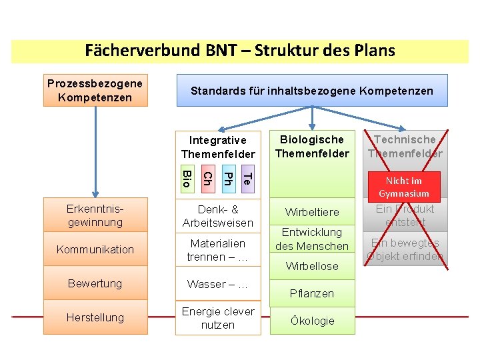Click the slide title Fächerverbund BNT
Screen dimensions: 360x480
[x=240, y=51]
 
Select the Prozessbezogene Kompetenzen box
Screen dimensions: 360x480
[x=95, y=91]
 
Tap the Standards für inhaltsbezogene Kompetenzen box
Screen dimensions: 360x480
[x=311, y=91]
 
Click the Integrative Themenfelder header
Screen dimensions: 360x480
[x=217, y=147]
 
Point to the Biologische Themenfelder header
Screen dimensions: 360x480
[x=312, y=147]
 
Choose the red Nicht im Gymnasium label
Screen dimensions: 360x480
[x=404, y=187]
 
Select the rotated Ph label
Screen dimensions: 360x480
[x=227, y=179]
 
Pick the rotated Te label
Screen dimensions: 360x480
[x=246, y=179]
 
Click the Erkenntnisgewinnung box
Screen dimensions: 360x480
[x=95, y=215]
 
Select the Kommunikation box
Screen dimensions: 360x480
[x=95, y=249]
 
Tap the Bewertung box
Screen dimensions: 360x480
[x=95, y=283]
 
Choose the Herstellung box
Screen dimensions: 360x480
[x=95, y=317]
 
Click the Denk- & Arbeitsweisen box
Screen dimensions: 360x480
[x=217, y=215]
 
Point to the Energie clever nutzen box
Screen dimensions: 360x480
[x=217, y=318]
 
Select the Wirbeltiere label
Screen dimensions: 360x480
[x=312, y=212]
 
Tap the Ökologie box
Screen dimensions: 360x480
[x=312, y=321]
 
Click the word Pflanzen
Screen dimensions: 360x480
[x=312, y=293]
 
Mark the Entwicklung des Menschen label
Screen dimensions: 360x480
[x=312, y=239]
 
